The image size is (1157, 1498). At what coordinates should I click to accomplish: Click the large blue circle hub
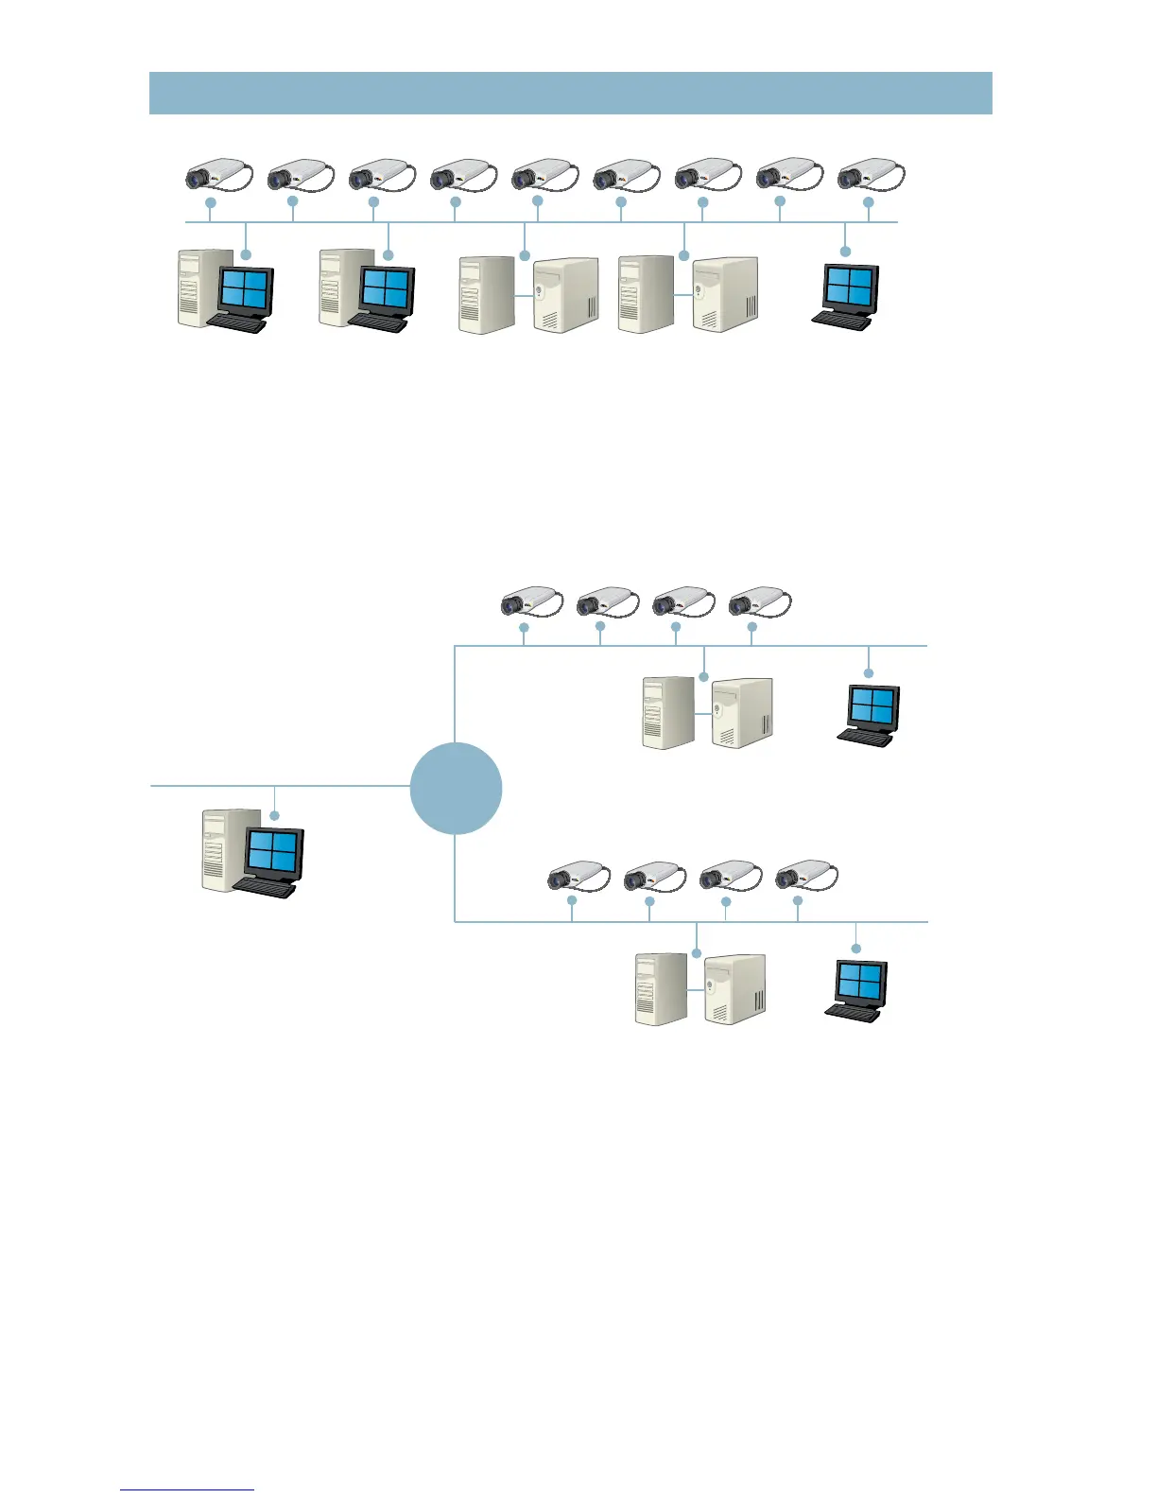(x=456, y=788)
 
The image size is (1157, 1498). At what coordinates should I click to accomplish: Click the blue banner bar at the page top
(x=570, y=93)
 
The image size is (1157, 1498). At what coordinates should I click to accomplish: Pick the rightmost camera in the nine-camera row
(x=871, y=175)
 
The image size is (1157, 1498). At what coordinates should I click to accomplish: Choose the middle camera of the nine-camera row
(x=545, y=175)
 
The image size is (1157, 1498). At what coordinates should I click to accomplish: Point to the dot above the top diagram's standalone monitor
(x=845, y=251)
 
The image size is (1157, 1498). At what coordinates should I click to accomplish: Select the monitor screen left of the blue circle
(x=273, y=849)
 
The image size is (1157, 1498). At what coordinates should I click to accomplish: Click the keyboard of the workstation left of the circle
(x=264, y=888)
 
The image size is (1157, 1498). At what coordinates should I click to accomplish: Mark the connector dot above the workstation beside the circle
(x=274, y=815)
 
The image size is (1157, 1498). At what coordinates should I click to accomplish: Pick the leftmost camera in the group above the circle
(x=531, y=601)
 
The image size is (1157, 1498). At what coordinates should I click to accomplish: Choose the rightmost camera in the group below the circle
(x=806, y=877)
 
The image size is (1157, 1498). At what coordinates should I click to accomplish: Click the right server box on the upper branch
(x=742, y=712)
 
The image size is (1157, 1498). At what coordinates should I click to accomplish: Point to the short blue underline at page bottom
(x=187, y=1489)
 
